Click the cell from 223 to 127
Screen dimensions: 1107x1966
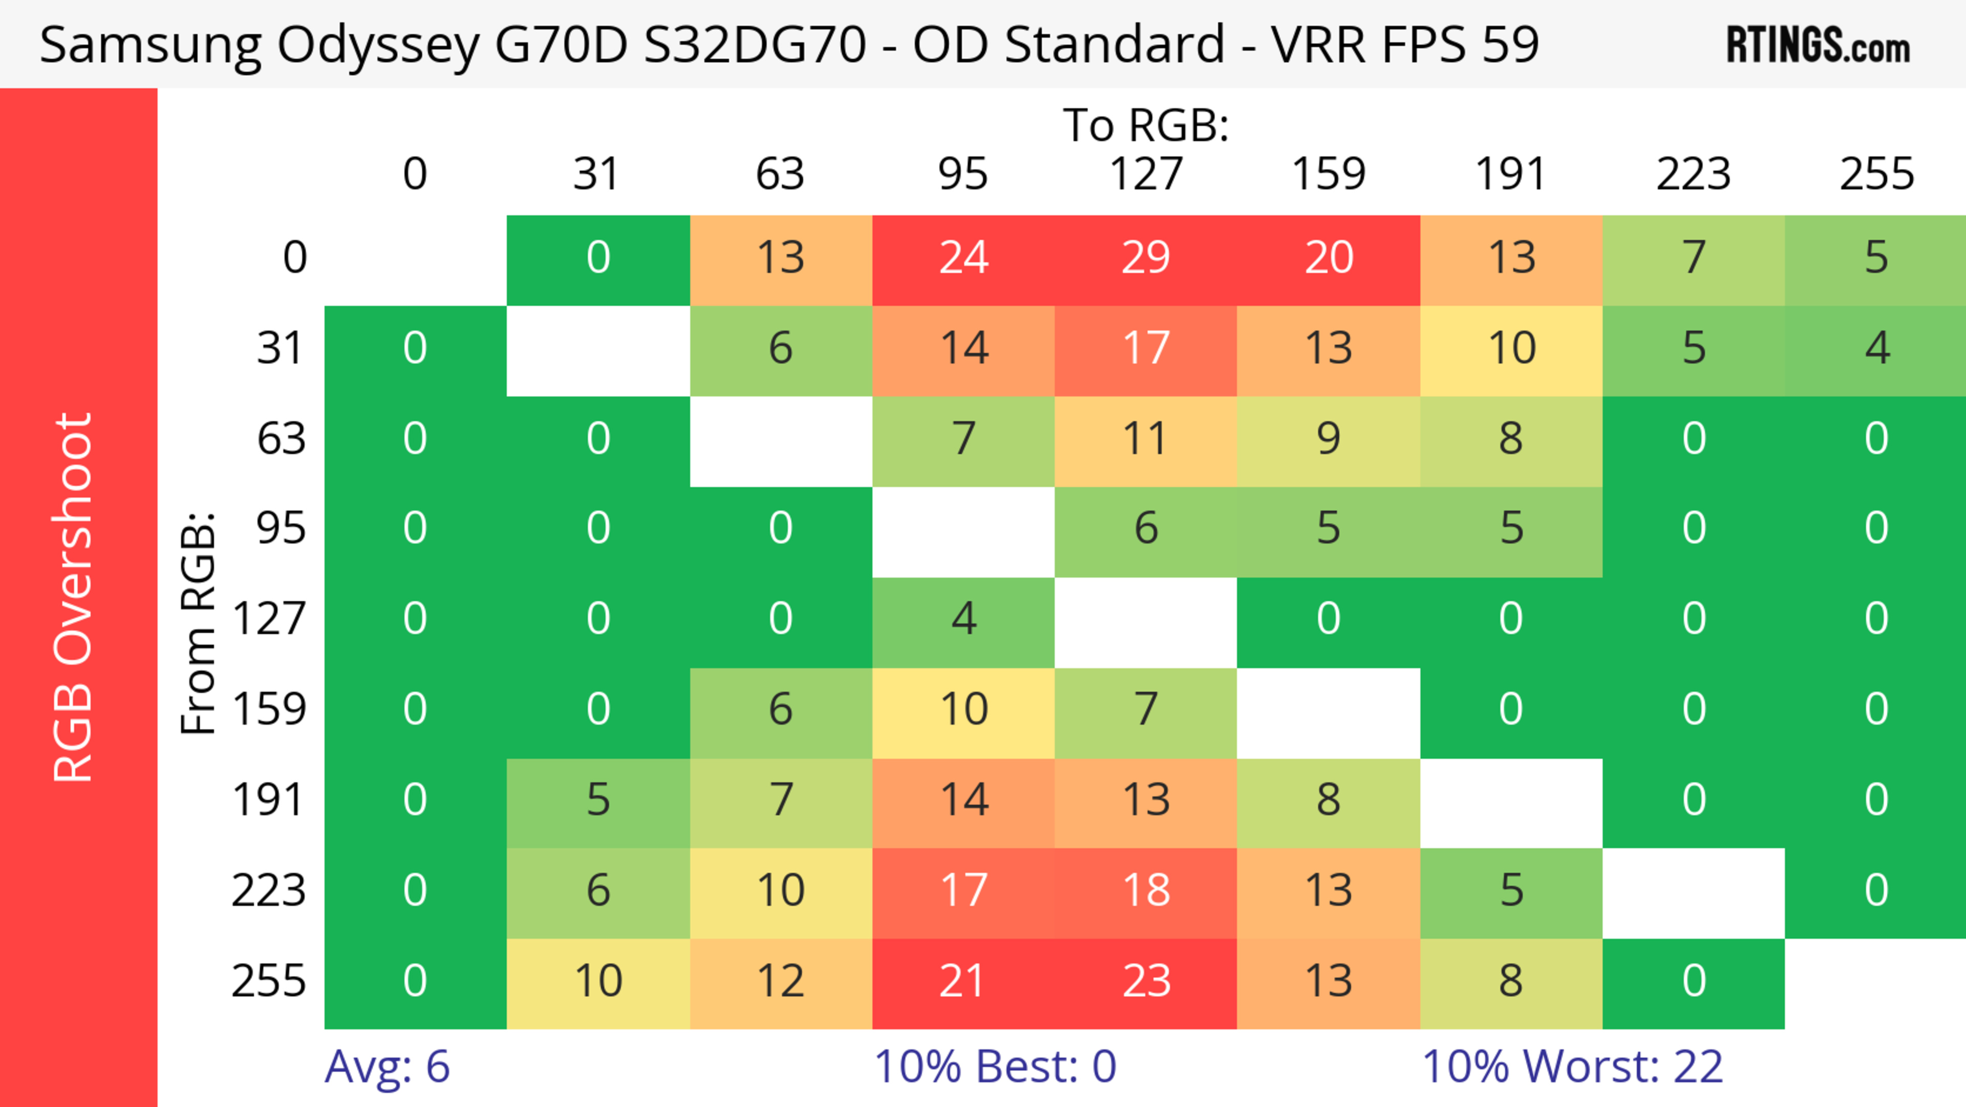pyautogui.click(x=1146, y=891)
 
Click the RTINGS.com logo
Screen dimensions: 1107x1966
pyautogui.click(x=1818, y=45)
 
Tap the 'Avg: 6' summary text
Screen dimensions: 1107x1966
pyautogui.click(x=387, y=1067)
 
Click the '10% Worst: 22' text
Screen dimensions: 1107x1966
pyautogui.click(x=1572, y=1067)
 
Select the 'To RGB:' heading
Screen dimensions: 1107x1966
pyautogui.click(x=1146, y=125)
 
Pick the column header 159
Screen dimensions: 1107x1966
pyautogui.click(x=1328, y=174)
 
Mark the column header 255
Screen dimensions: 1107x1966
pyautogui.click(x=1877, y=174)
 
